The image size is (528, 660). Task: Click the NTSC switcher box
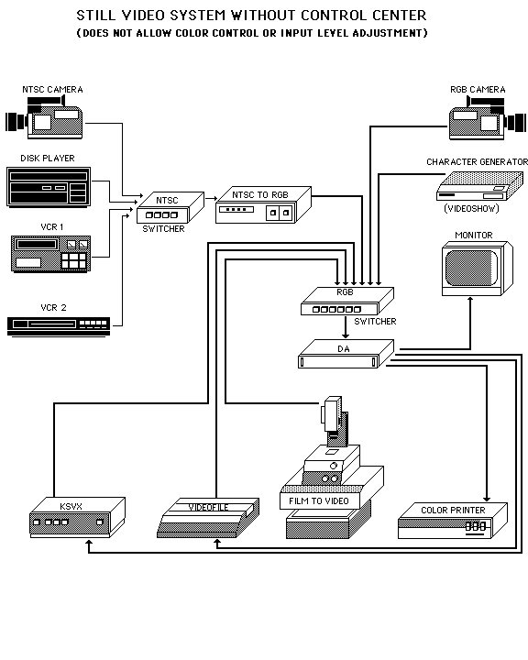pyautogui.click(x=163, y=210)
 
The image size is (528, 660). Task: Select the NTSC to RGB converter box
pyautogui.click(x=260, y=210)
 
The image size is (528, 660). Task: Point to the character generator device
pyautogui.click(x=472, y=189)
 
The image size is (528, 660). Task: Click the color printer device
pyautogui.click(x=453, y=522)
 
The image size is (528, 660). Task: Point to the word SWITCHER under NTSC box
pyautogui.click(x=163, y=228)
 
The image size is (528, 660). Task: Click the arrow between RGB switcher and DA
pyautogui.click(x=344, y=327)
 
